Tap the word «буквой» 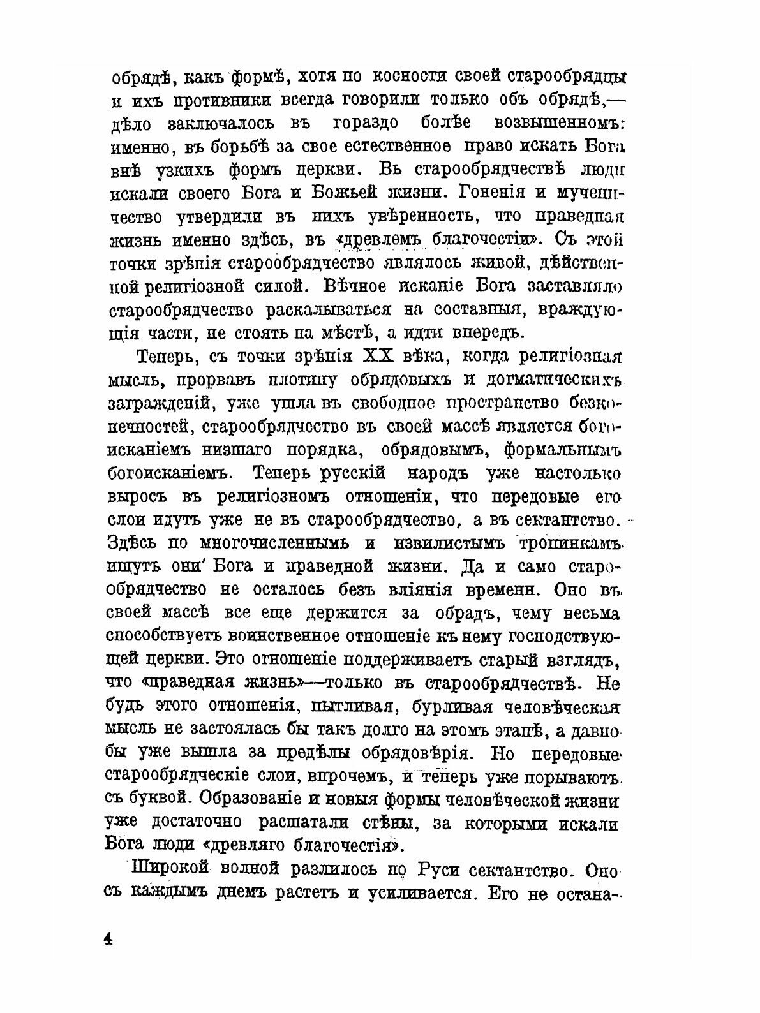coord(155,799)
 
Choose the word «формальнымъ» coord(562,449)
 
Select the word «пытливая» coord(348,706)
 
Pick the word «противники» coord(235,99)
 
